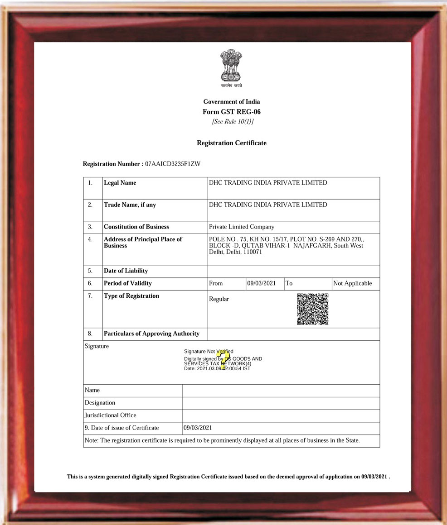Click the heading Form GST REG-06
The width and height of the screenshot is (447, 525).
point(232,112)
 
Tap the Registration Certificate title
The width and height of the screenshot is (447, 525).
point(232,143)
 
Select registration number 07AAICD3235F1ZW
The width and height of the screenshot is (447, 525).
point(172,164)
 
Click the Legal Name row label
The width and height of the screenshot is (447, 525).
point(120,183)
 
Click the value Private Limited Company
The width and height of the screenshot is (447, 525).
point(242,227)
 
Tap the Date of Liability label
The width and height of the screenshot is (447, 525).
point(126,271)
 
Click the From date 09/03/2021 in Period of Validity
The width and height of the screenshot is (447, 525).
point(262,283)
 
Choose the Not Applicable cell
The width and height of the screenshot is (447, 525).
point(353,283)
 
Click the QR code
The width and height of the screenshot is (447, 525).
point(313,309)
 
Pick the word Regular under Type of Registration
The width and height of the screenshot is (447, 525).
point(219,299)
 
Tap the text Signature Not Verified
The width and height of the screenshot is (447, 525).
point(209,351)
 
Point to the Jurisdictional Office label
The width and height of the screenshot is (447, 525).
point(111,415)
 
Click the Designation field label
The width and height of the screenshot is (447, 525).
point(100,402)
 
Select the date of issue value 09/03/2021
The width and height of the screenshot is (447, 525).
point(198,428)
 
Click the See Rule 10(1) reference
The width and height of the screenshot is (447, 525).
point(233,122)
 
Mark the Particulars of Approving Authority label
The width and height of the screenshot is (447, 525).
point(152,334)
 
